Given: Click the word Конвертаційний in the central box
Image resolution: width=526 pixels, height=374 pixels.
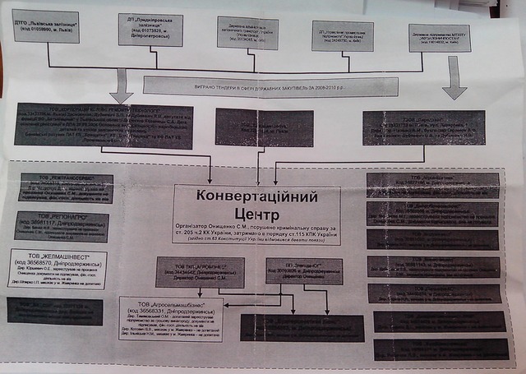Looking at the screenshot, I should click(256, 196).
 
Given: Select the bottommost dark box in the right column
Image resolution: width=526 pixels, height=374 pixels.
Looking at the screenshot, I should click(437, 349).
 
